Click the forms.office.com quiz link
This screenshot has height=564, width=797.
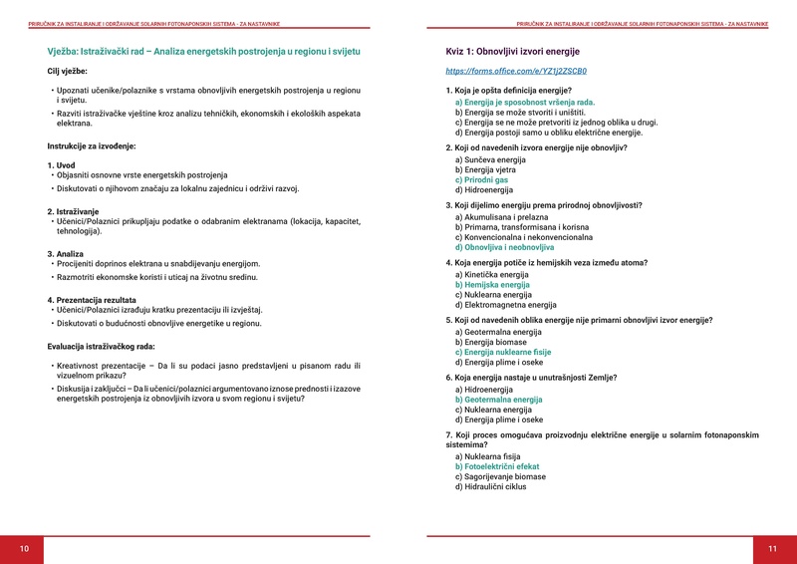coord(516,72)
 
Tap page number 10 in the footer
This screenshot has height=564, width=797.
coord(24,549)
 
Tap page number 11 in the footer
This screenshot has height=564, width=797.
coord(772,549)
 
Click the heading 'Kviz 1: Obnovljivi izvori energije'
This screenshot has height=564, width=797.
coord(512,51)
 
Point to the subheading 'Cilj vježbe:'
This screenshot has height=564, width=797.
coord(67,72)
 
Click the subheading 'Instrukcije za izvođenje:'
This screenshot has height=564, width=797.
coord(91,146)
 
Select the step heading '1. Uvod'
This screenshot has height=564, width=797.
coord(62,165)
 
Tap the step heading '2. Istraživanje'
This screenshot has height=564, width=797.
coord(73,211)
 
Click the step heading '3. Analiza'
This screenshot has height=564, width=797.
coord(65,254)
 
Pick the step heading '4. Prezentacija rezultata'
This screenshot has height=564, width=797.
coord(92,300)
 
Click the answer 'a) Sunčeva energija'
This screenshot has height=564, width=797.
coord(490,159)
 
